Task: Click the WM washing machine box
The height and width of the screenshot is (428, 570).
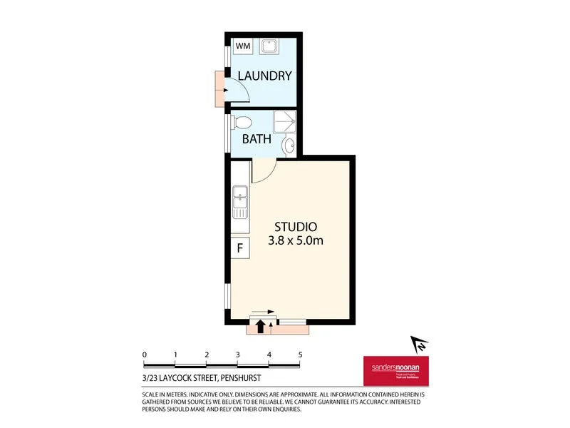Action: tap(243, 46)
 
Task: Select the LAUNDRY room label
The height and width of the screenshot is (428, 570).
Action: tap(264, 76)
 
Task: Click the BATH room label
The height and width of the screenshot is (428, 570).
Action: tap(256, 138)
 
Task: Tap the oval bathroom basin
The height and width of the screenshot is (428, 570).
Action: tap(288, 146)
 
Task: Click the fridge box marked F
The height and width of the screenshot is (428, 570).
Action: tap(240, 248)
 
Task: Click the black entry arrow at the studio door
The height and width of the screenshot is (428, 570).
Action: tap(260, 326)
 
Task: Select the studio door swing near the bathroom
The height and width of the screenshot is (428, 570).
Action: tap(264, 171)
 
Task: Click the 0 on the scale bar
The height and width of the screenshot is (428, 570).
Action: tap(145, 355)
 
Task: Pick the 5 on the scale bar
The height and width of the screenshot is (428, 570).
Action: tap(301, 355)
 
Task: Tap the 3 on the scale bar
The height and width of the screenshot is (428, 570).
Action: tap(238, 355)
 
